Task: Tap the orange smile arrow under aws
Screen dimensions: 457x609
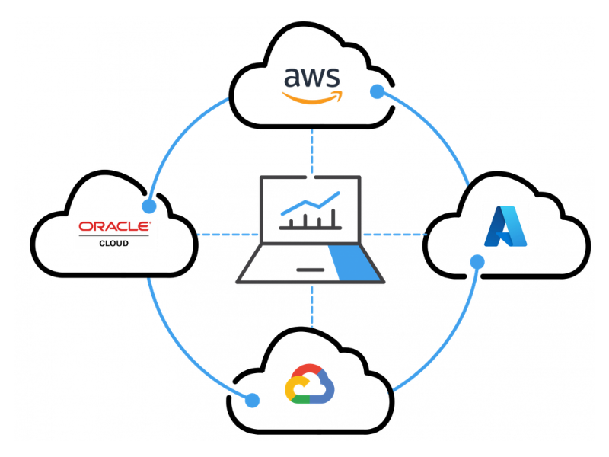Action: click(312, 98)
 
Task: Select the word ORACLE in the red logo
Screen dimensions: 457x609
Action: click(115, 226)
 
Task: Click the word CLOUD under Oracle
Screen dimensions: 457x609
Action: click(114, 244)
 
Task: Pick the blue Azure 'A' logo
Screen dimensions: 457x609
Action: click(505, 226)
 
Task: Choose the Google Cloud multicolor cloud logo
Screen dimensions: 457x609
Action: click(309, 384)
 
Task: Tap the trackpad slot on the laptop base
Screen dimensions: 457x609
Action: click(310, 270)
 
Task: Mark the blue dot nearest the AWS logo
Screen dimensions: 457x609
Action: click(377, 92)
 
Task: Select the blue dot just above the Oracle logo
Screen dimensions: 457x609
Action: click(149, 206)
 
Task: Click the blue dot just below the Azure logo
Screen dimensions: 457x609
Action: click(477, 262)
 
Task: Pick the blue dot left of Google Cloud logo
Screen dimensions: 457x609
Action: click(253, 399)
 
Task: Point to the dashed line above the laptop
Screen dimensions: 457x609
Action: click(311, 152)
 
